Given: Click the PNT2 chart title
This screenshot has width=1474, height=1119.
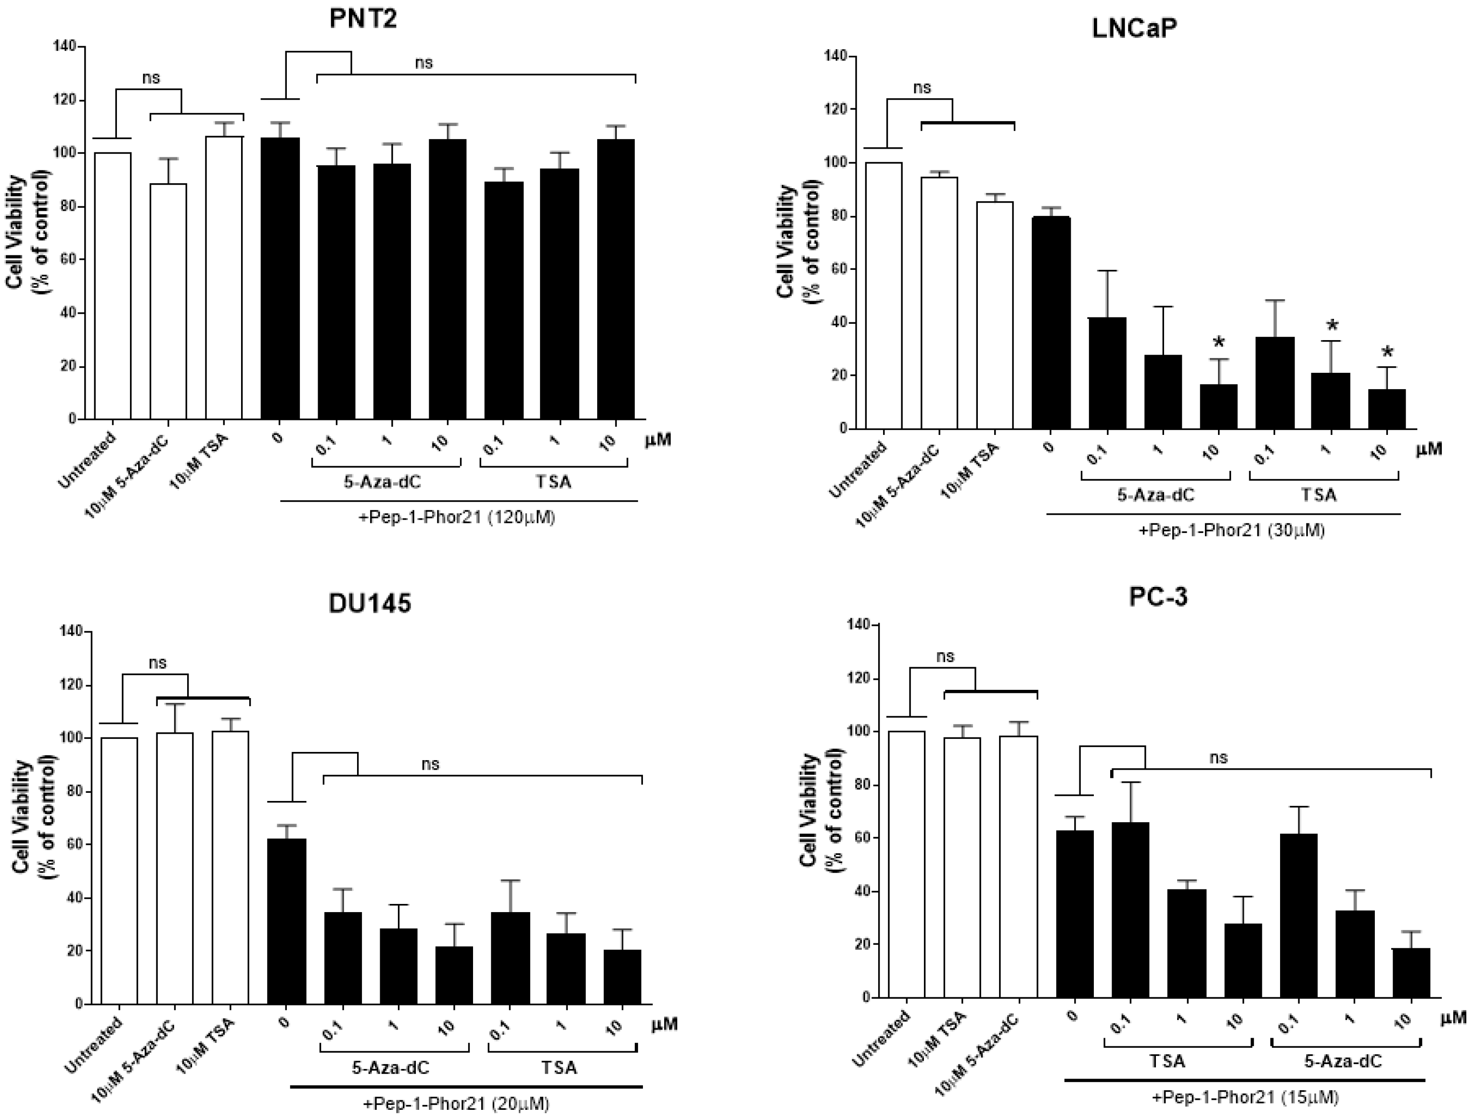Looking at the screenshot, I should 364,21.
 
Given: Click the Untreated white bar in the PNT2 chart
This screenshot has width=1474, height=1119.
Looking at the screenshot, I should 113,286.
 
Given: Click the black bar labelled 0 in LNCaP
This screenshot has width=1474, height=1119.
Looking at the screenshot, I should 1051,323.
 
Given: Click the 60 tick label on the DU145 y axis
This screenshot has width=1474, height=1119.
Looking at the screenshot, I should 73,845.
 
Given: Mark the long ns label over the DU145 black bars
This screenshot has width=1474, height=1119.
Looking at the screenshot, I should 431,764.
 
